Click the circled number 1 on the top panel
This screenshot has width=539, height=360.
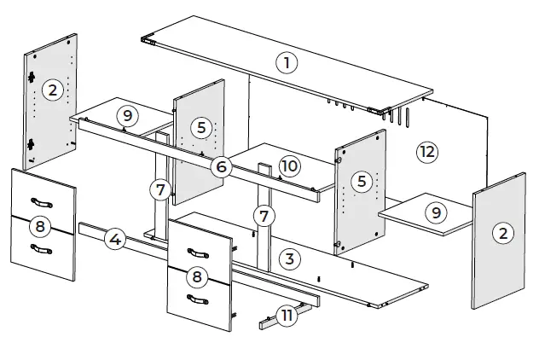287,61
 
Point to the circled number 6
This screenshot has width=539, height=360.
221,166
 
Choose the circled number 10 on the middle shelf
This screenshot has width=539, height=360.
289,165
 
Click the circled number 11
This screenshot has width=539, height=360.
287,316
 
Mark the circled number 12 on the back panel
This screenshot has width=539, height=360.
426,153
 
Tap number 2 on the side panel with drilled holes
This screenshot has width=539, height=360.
53,90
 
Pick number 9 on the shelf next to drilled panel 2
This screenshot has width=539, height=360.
127,115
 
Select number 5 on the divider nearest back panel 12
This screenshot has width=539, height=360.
362,181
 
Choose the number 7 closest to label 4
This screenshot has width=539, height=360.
159,189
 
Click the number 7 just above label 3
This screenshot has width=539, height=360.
265,215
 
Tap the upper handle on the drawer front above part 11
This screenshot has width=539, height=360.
198,253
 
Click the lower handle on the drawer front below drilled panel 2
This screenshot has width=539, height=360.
41,248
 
